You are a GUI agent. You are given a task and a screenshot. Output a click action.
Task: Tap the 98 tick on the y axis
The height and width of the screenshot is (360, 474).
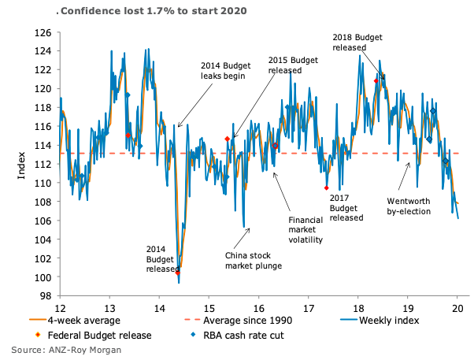pos(46,296)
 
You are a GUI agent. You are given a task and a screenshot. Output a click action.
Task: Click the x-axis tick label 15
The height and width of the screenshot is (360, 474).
pos(209,308)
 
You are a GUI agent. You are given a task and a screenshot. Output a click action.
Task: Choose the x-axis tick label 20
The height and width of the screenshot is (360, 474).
pos(457,308)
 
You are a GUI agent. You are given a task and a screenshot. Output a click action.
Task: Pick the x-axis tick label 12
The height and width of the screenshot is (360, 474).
pos(59,308)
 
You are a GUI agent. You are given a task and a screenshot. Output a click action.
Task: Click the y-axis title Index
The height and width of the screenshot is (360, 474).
pos(22,165)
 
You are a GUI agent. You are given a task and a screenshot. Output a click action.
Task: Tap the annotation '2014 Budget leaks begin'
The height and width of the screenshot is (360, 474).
pos(223,71)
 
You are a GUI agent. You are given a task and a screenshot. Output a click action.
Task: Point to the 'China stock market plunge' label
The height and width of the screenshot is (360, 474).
pos(253,261)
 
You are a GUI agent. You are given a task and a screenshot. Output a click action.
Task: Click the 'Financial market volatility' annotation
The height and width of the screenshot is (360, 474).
pos(306,229)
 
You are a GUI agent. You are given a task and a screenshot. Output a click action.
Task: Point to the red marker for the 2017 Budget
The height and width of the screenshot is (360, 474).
pos(326,187)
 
